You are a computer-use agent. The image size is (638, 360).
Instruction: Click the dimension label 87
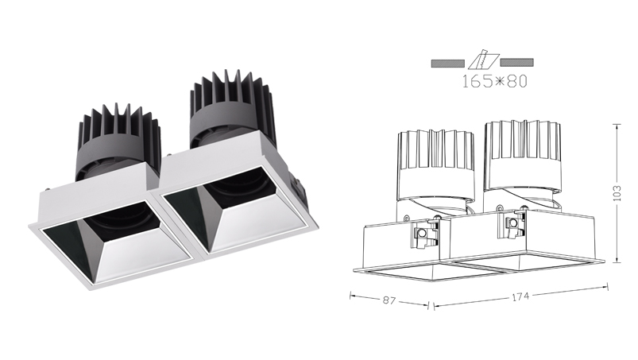(389, 300)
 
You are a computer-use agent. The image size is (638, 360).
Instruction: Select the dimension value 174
(520, 297)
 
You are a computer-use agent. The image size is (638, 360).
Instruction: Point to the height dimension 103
(617, 193)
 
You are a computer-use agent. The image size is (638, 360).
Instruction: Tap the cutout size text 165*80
(494, 81)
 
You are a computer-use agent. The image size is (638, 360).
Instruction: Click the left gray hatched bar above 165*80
(447, 63)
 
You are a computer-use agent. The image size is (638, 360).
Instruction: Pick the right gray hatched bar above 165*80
(516, 62)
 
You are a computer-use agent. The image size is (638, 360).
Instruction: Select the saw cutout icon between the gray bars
(483, 60)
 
